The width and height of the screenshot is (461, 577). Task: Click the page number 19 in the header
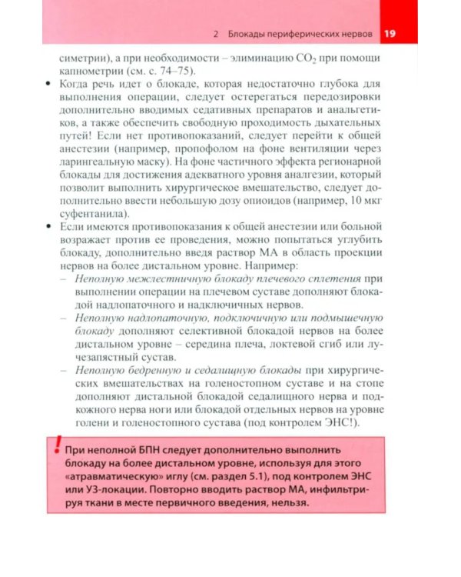pos(390,34)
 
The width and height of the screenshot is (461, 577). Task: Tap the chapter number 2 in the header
pos(217,35)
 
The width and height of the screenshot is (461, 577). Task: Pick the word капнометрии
pos(88,72)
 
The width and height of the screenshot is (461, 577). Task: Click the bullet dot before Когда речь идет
pos(49,86)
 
